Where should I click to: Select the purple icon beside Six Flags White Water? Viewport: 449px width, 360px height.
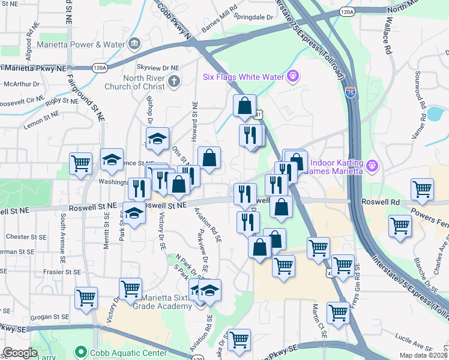293,76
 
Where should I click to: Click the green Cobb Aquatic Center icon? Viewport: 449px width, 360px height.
80,352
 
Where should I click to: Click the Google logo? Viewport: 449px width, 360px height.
20,353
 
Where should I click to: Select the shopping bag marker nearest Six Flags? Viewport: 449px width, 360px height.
244,106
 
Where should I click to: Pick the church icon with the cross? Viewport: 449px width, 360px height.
173,82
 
